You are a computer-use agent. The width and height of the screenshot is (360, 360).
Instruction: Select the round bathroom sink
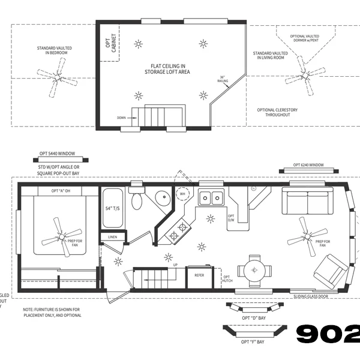pos(160,199)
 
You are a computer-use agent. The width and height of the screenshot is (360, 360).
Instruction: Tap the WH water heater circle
pos(182,194)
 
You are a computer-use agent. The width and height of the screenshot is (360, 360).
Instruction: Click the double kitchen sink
pos(211,196)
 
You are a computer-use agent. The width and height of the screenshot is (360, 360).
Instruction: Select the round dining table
pos(255,271)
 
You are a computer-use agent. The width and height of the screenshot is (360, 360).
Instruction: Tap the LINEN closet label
pos(113,238)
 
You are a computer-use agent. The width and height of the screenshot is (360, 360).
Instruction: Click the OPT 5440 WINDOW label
pos(59,154)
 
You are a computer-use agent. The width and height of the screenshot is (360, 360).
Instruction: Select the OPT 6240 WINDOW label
pos(308,165)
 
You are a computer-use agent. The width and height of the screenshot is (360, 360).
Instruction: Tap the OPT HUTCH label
pos(227,278)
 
